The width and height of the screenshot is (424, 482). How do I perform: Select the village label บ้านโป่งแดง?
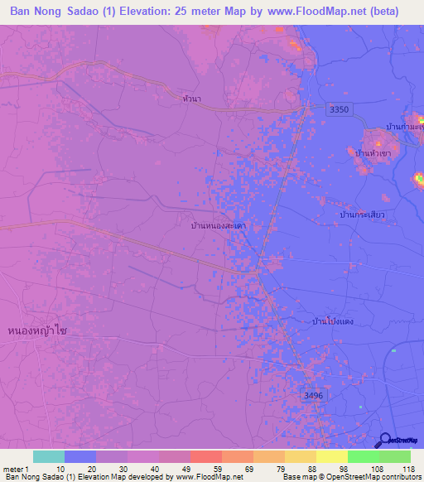pos(335,321)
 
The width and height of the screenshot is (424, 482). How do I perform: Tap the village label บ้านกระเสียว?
pos(362,214)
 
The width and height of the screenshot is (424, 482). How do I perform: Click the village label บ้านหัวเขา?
pos(372,154)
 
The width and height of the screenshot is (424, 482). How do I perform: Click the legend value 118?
pos(408,468)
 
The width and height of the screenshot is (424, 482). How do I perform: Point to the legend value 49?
pos(188,468)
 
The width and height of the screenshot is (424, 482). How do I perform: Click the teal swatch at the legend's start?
pos(48,456)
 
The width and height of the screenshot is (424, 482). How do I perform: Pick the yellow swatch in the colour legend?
pos(332,456)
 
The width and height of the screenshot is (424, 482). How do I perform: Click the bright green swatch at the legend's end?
pos(394,456)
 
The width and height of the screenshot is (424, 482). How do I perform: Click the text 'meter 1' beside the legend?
pos(15,468)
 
